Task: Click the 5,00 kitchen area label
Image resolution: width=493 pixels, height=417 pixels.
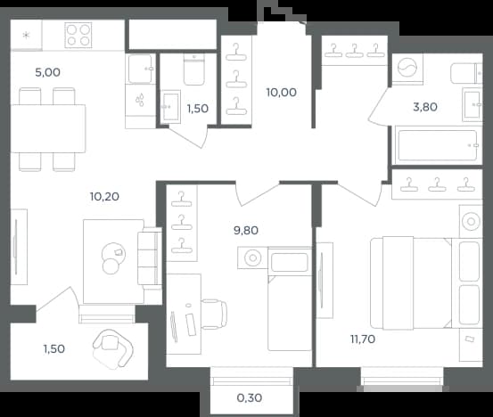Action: [x=48, y=72]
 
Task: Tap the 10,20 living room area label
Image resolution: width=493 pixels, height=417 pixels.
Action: [x=104, y=197]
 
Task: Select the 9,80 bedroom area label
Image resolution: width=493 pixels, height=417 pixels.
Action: [x=246, y=231]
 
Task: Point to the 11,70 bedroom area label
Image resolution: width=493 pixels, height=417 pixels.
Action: [x=363, y=339]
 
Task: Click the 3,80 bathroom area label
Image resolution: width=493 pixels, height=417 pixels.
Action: [x=425, y=107]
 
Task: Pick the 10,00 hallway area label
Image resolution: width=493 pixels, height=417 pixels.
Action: [x=282, y=93]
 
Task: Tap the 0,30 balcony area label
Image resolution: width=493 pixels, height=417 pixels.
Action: [x=250, y=398]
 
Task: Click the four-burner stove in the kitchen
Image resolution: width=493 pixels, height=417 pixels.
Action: [x=78, y=35]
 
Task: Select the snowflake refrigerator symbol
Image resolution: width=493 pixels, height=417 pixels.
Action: [x=26, y=35]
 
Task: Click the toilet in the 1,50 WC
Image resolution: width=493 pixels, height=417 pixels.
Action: [x=194, y=69]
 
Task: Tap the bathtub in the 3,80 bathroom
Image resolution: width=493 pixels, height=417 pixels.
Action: [x=438, y=145]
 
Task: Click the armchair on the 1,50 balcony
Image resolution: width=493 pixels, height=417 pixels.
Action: [x=112, y=348]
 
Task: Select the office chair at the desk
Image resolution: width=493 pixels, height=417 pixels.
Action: [x=214, y=315]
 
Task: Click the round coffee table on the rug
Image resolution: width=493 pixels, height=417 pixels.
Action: [x=113, y=258]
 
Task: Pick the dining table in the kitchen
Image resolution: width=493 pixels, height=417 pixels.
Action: [x=48, y=128]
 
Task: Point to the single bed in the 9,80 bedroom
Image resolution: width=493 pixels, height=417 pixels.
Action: [x=290, y=298]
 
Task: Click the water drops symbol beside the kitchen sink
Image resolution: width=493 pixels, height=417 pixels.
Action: [x=140, y=100]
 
